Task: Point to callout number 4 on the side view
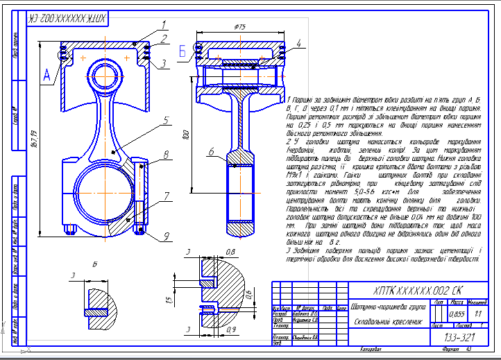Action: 298,44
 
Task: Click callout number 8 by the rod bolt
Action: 166,155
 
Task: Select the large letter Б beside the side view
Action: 182,51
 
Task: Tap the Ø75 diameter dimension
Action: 241,26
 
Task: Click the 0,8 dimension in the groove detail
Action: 231,251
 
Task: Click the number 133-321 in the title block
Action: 459,337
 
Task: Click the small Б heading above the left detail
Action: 94,264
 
